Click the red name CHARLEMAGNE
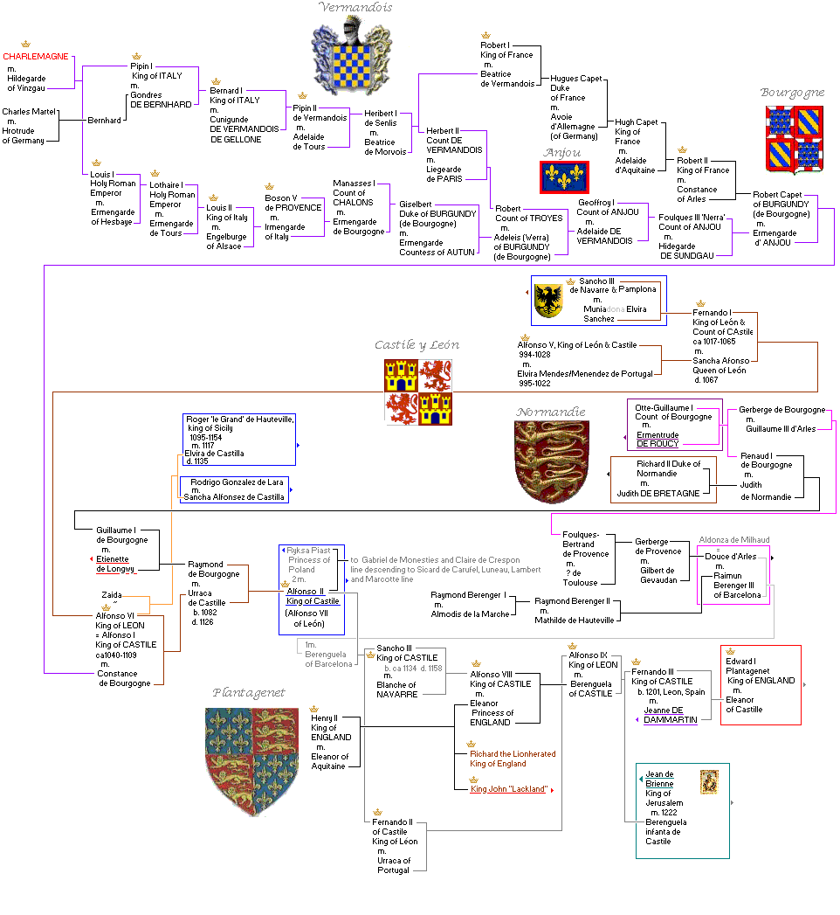pos(35,57)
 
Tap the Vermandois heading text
pos(355,8)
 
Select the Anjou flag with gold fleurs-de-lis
pos(564,177)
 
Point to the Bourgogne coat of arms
pos(794,139)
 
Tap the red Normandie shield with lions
pos(548,461)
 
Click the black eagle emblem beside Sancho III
pos(548,300)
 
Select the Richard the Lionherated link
pos(512,754)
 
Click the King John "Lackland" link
pos(509,789)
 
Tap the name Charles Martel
pos(29,112)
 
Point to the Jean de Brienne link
pos(659,779)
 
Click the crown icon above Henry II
pos(313,709)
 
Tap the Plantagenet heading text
pos(249,693)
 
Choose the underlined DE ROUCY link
pos(658,444)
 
